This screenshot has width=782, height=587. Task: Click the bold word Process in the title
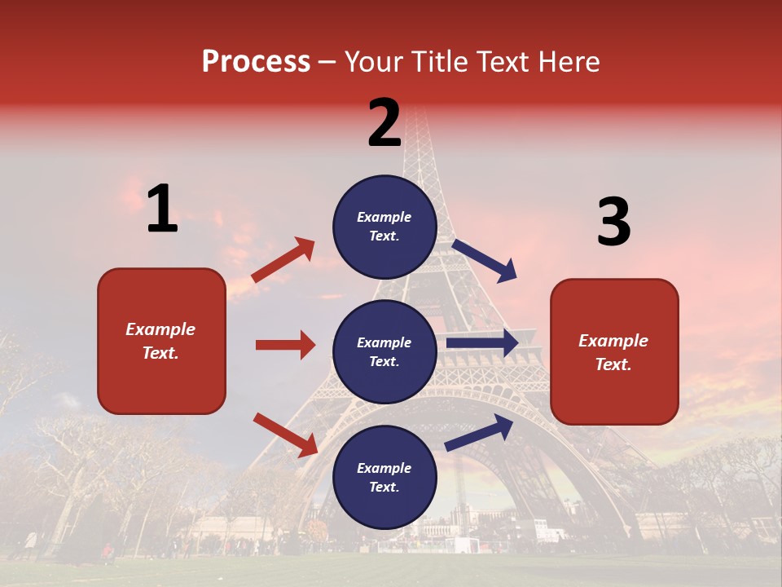tap(256, 62)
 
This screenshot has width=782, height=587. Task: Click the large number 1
tap(162, 210)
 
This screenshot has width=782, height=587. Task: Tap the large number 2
tap(384, 123)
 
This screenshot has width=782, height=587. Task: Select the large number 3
tap(613, 223)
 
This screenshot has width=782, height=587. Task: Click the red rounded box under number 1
tap(161, 341)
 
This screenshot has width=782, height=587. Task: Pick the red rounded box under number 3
tap(614, 351)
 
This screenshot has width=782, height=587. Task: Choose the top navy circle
tap(384, 227)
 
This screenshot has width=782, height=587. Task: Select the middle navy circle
tap(384, 351)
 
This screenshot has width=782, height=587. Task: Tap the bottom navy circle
tap(384, 477)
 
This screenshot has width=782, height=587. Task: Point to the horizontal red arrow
tap(285, 345)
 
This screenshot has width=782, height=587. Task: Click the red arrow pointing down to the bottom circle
tap(285, 435)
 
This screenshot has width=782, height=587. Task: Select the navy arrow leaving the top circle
tap(485, 260)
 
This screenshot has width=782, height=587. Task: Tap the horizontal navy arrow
tap(482, 343)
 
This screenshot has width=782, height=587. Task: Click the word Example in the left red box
tap(160, 329)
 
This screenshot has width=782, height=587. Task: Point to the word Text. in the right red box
tap(613, 364)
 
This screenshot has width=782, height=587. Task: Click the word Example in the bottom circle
tap(384, 468)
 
